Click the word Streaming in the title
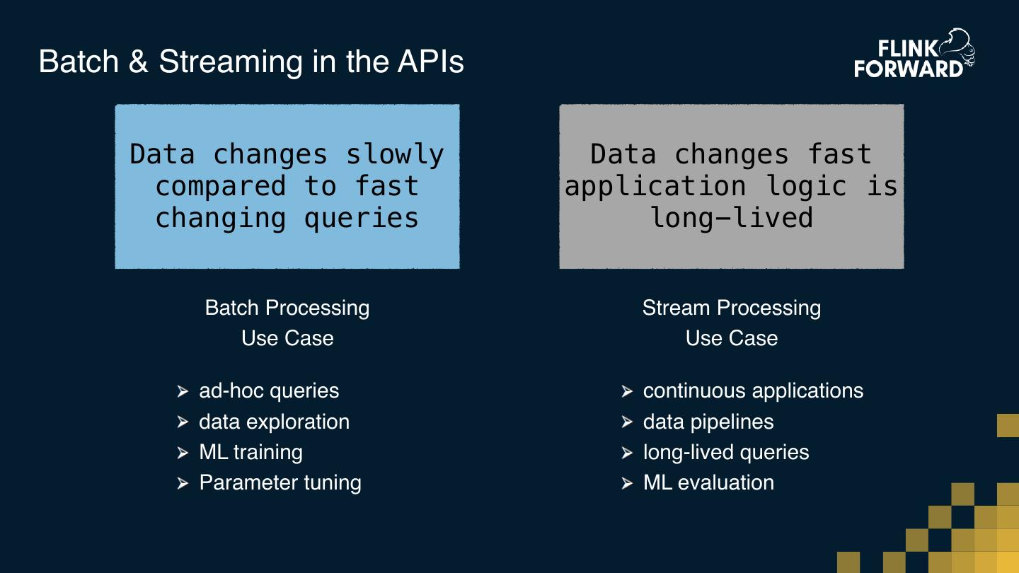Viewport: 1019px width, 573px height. [231, 62]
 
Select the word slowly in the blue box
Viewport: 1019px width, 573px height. [395, 154]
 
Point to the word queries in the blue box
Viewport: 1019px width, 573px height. [361, 217]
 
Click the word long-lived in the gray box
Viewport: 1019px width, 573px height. [732, 217]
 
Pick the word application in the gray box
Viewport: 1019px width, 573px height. [655, 186]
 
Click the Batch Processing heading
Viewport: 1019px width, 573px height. [287, 308]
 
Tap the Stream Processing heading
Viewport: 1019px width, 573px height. [732, 308]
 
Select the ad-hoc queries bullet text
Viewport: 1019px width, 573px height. [269, 390]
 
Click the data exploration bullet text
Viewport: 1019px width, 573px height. [274, 422]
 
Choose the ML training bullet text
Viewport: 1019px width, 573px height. [251, 452]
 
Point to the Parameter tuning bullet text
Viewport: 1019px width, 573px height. [280, 482]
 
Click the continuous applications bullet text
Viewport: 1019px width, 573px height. [753, 390]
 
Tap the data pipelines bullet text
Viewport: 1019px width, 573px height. [708, 422]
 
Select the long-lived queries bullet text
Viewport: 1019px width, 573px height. [726, 452]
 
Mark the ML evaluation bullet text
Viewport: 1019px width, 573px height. [708, 482]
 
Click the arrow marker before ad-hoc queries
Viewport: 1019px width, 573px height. [183, 391]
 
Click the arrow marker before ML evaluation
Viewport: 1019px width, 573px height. [627, 483]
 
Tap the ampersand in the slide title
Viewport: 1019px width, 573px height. [139, 62]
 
